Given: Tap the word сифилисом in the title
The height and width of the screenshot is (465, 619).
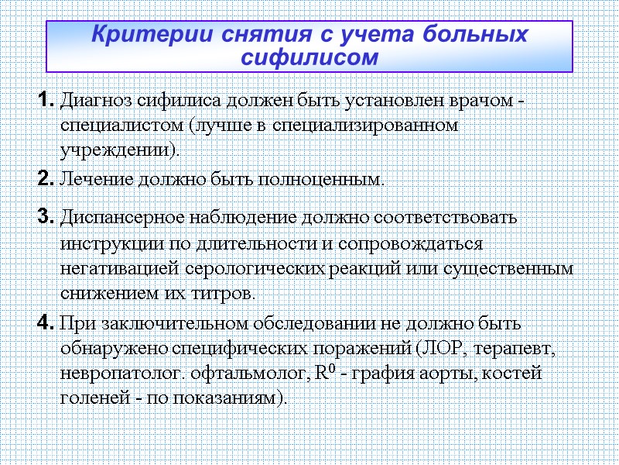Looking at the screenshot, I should pos(309,57).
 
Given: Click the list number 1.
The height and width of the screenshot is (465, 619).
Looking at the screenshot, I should pos(45,100).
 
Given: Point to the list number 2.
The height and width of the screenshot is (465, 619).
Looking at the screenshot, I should pos(45,179).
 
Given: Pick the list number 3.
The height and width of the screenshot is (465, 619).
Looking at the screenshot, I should pos(45,217).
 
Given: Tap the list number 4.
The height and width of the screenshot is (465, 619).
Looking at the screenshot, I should pos(45,322).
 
